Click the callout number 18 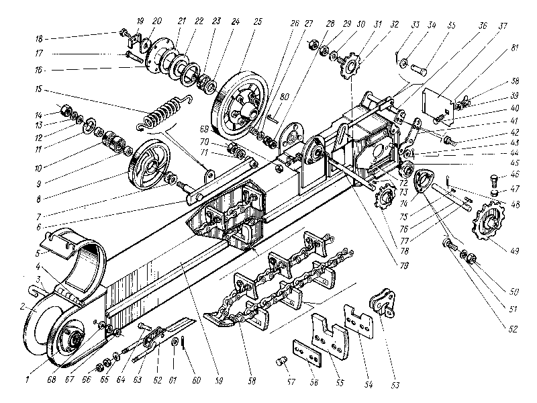tap(40, 38)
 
